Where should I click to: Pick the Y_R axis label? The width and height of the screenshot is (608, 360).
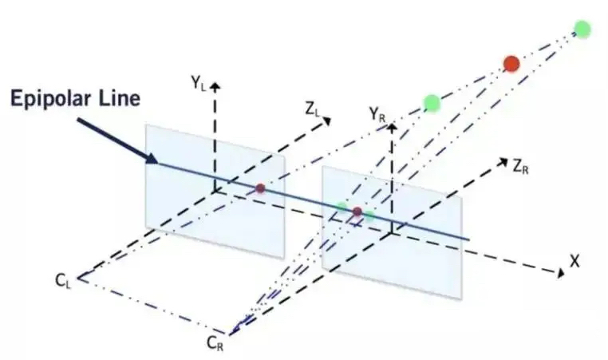click(377, 114)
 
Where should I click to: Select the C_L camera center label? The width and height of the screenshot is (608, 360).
click(63, 280)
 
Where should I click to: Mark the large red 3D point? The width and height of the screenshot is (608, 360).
click(511, 63)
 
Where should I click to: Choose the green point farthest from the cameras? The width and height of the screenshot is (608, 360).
click(582, 30)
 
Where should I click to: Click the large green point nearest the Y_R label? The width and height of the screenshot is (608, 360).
click(432, 102)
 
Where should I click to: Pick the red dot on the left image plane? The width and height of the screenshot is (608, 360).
click(260, 188)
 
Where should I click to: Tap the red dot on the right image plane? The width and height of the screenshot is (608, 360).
click(357, 212)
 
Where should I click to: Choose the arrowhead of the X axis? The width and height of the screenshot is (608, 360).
click(558, 274)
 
